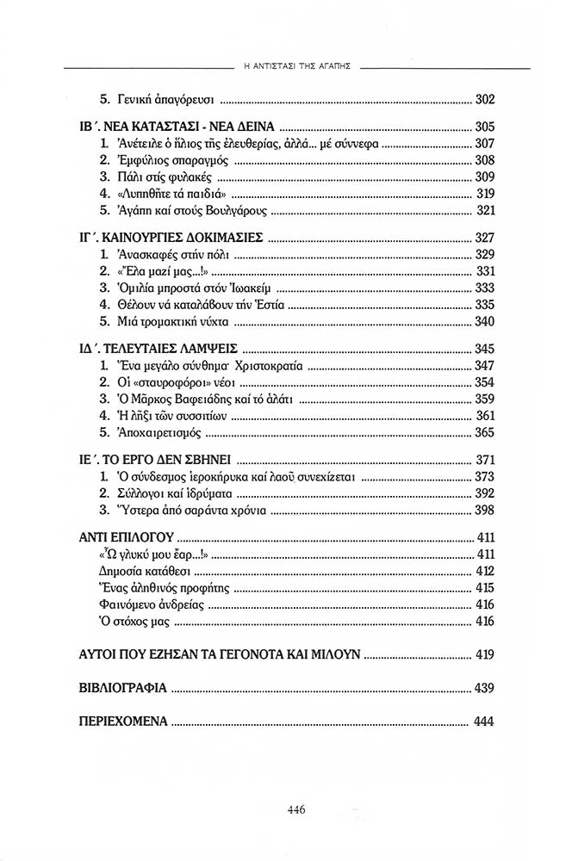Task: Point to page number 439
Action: pos(484,689)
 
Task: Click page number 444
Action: pos(484,722)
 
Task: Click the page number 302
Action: pos(484,98)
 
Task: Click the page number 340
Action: pos(484,322)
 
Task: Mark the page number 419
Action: pos(484,655)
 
